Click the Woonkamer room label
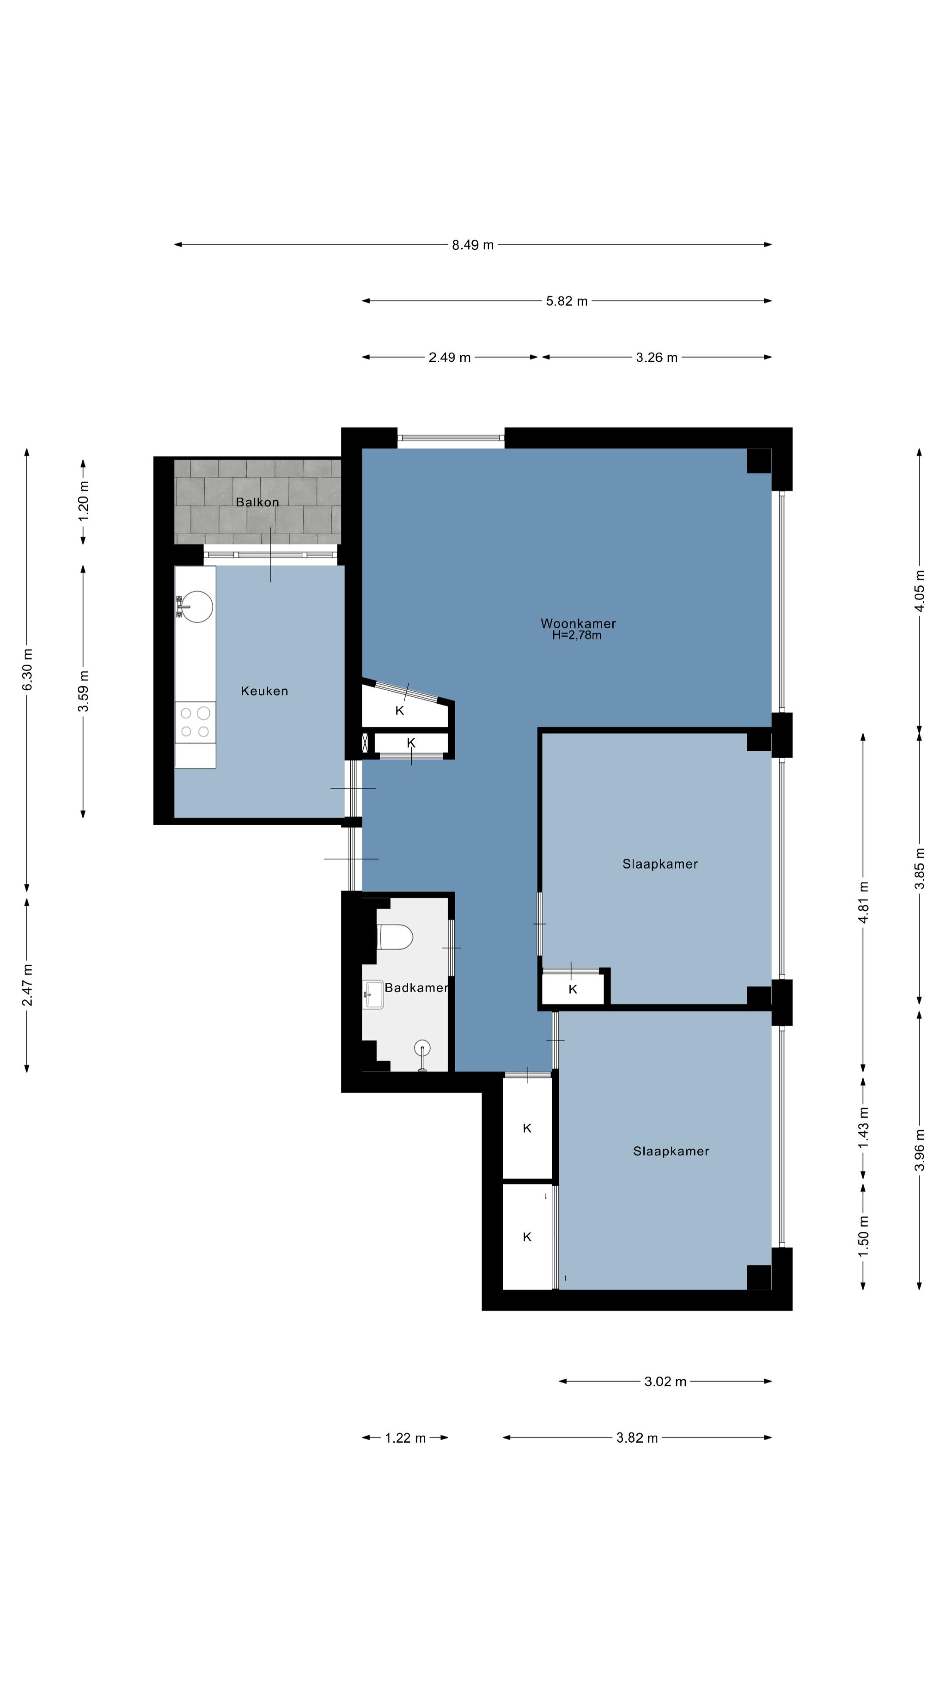tap(578, 624)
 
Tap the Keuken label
tap(265, 691)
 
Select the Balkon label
tap(257, 502)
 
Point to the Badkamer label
tap(416, 987)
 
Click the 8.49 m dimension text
tap(473, 245)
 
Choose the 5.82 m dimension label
tap(567, 301)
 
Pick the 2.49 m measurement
tap(449, 357)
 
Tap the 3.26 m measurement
tap(657, 357)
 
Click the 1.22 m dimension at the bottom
tap(405, 1438)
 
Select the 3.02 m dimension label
tap(665, 1382)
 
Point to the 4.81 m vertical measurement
tap(864, 902)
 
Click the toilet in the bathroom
tap(395, 937)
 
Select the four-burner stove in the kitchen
tap(195, 722)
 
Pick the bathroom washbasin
tap(374, 994)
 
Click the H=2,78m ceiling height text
tap(576, 635)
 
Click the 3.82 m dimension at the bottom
tap(637, 1438)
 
